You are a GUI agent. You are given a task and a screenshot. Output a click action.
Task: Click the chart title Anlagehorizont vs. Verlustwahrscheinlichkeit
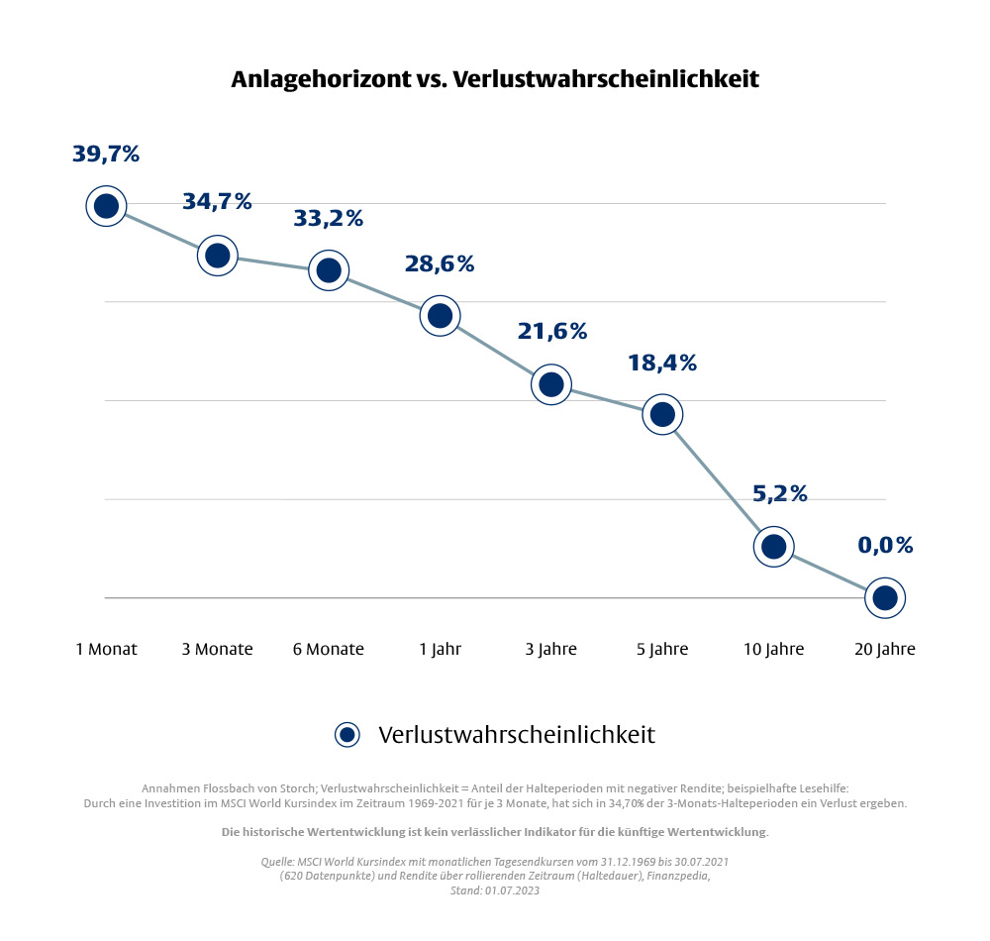[x=495, y=78]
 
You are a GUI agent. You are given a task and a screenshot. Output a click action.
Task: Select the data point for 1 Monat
[x=106, y=206]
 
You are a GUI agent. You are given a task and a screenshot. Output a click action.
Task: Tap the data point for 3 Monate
[x=217, y=256]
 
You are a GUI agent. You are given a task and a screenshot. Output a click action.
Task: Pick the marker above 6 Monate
[x=329, y=269]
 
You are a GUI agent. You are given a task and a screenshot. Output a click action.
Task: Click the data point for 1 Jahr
[x=440, y=315]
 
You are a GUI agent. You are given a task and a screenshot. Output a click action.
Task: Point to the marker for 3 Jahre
[x=551, y=383]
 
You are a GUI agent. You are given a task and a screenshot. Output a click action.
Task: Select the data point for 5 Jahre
[x=662, y=413]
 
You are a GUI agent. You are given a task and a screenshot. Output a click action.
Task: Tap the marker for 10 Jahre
[x=773, y=546]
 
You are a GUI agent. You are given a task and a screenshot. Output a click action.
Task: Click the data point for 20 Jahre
[x=885, y=597]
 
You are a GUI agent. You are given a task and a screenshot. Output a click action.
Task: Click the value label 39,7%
[x=106, y=154]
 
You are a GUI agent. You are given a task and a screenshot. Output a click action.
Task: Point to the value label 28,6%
[x=440, y=263]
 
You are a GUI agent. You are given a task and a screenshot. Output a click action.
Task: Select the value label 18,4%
[x=662, y=363]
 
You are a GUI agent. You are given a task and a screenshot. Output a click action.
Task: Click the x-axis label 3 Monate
[x=217, y=650]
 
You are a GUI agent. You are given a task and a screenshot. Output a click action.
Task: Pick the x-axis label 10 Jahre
[x=773, y=650]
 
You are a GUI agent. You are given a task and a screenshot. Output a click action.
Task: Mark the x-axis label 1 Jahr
[x=440, y=650]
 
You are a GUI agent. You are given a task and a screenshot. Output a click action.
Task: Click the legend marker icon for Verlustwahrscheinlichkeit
[x=346, y=734]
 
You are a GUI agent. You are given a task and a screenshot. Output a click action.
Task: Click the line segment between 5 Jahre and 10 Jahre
[x=718, y=479]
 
